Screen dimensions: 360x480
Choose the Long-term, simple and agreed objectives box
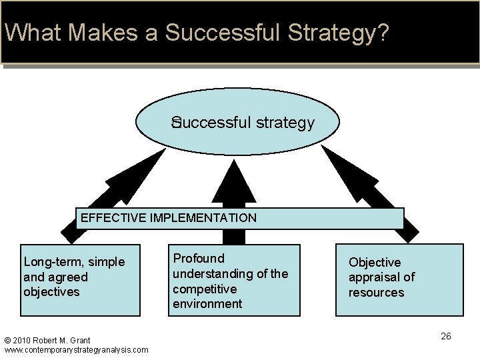(80, 279)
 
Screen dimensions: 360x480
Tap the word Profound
(199, 259)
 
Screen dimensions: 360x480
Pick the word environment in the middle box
(207, 304)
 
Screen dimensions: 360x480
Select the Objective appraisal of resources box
(399, 279)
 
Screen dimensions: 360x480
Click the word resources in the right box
(376, 293)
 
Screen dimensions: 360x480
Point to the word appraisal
(372, 277)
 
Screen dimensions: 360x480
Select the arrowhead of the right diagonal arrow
(342, 167)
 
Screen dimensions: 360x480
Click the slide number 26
(446, 336)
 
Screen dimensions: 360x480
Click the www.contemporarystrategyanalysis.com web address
(76, 349)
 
